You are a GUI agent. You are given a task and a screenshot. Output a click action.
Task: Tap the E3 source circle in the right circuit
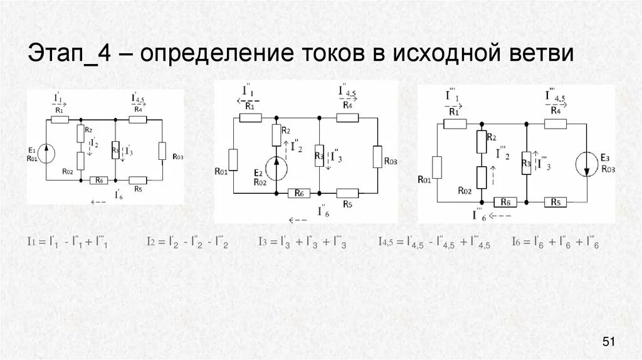click(x=588, y=166)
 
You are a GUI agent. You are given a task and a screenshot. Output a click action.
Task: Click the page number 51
click(x=609, y=342)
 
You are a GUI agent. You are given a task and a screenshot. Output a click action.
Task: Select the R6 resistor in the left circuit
click(x=97, y=181)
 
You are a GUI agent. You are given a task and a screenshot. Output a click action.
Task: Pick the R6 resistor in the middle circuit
click(x=298, y=193)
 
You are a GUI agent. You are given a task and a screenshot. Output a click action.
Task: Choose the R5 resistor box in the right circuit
click(x=555, y=202)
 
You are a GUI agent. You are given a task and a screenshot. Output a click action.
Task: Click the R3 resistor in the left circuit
click(x=115, y=151)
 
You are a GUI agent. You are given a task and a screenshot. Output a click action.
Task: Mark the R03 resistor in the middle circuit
click(x=377, y=156)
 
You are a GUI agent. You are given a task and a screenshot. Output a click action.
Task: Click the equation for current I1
click(x=68, y=242)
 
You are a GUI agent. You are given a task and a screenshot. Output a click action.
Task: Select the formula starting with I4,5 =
click(x=434, y=242)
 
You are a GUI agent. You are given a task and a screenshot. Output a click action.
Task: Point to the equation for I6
click(x=555, y=242)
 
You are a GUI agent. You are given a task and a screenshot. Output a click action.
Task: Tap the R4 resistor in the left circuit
click(x=138, y=119)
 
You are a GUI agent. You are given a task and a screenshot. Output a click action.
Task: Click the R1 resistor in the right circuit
click(x=455, y=124)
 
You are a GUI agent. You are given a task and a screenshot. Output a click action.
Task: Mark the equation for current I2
click(x=187, y=242)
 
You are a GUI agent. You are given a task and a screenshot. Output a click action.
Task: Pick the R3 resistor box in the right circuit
click(x=527, y=162)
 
